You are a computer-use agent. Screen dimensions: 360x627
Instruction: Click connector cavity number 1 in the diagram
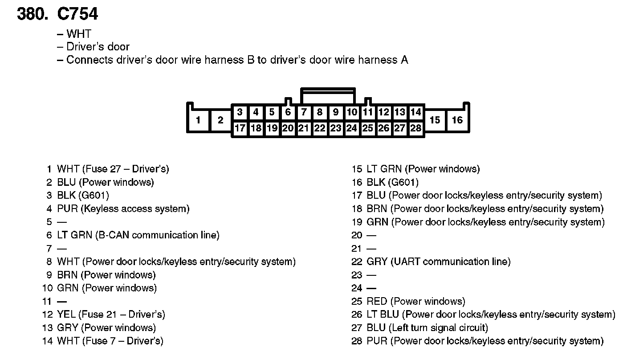click(x=198, y=120)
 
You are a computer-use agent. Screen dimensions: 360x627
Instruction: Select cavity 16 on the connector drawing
click(x=457, y=120)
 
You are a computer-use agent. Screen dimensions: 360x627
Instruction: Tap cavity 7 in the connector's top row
click(x=304, y=112)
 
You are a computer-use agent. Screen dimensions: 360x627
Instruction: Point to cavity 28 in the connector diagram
click(x=416, y=128)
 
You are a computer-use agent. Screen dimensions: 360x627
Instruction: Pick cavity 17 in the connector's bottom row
click(x=240, y=128)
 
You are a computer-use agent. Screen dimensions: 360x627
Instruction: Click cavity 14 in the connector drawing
click(x=416, y=112)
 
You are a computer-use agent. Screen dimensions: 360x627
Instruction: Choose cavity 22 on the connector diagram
click(x=320, y=128)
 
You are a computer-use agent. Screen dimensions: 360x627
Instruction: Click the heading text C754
click(x=77, y=14)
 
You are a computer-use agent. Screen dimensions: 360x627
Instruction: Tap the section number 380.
click(x=32, y=14)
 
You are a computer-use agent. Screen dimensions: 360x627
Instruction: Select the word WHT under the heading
click(x=78, y=34)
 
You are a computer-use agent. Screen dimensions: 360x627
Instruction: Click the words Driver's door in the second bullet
click(x=98, y=47)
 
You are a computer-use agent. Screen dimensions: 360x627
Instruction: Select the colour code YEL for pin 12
click(x=66, y=315)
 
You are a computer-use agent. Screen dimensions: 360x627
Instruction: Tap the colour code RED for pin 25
click(x=376, y=301)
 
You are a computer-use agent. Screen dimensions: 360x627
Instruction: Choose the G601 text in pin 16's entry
click(x=403, y=182)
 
